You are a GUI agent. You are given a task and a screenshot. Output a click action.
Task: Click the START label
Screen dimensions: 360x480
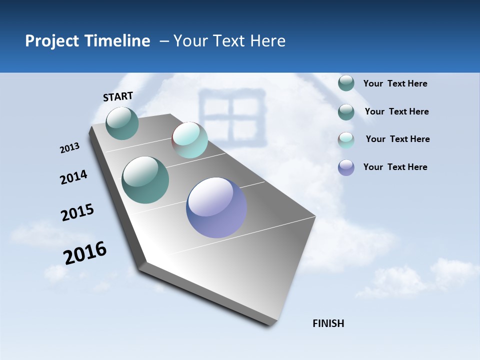[x=118, y=96]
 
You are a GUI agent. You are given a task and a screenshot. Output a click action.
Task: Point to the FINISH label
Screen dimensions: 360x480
[x=328, y=323]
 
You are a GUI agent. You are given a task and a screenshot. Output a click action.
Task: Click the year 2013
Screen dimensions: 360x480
[x=69, y=148]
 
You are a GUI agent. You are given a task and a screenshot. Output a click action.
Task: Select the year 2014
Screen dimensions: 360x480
[x=73, y=177]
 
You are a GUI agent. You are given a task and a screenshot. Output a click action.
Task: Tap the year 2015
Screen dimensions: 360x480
[x=77, y=213]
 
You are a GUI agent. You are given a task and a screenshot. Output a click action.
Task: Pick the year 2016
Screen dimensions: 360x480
[x=85, y=253]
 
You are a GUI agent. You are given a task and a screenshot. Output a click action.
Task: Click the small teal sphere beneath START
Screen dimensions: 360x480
[x=122, y=123]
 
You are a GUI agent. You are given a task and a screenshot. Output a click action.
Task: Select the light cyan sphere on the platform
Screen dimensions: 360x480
[x=189, y=140]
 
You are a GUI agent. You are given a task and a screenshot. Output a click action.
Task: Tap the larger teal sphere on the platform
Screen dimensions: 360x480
[x=145, y=180]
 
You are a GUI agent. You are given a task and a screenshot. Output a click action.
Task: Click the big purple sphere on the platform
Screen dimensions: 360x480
[x=216, y=207]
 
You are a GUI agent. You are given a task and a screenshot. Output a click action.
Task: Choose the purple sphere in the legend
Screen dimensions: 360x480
[x=346, y=167]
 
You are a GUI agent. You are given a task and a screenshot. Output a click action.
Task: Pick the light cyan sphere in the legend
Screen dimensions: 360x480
[x=346, y=140]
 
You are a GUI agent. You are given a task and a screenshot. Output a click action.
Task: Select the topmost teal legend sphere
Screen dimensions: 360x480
[x=346, y=83]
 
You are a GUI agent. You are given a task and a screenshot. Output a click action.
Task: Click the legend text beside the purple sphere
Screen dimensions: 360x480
[x=395, y=167]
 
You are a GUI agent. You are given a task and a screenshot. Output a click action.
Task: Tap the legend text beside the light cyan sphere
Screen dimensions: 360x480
[x=397, y=139]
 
